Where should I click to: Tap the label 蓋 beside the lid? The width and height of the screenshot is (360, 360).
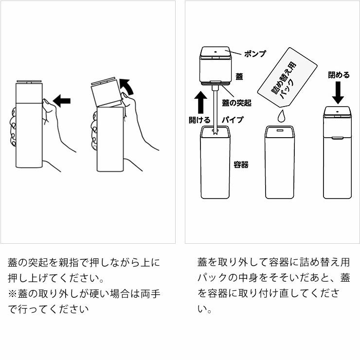coord(239,77)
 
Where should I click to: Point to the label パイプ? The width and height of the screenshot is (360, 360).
coord(233,119)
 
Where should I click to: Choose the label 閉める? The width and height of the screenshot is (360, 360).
coord(339,75)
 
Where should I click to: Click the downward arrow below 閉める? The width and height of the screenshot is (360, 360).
coord(339,92)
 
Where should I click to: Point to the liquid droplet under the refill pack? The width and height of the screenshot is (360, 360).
coord(280,116)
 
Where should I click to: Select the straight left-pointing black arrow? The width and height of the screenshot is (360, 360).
coord(62,101)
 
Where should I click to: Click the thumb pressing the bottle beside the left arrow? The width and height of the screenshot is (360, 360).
coord(47,104)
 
